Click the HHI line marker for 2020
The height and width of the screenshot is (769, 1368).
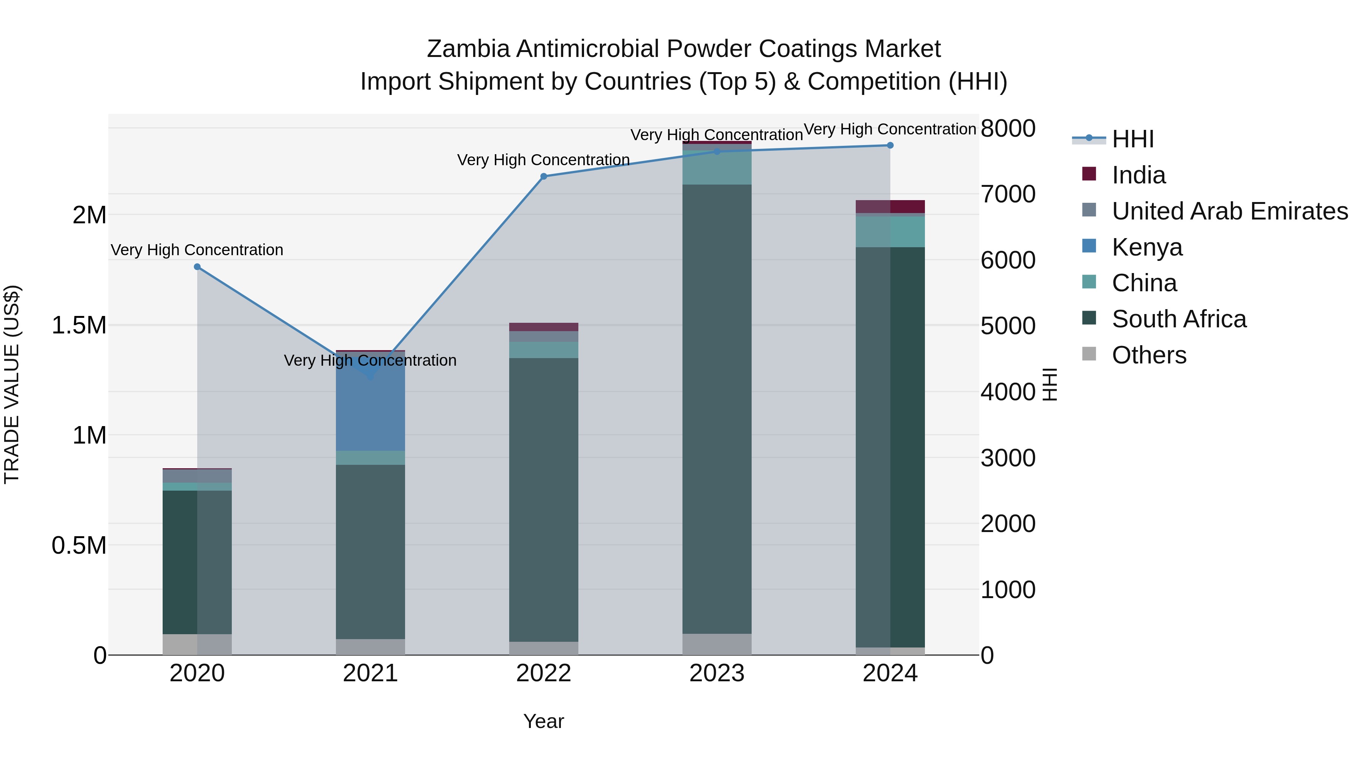pos(197,267)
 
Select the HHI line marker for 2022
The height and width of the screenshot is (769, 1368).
pos(543,177)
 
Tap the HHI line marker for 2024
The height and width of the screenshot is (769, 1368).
pos(890,145)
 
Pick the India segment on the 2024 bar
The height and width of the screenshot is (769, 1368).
pos(890,207)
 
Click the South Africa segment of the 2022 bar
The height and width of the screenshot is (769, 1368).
pos(543,499)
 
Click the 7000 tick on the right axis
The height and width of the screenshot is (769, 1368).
pos(1007,194)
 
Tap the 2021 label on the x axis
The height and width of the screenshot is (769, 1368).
pos(370,673)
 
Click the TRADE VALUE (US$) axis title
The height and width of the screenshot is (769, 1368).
pos(12,384)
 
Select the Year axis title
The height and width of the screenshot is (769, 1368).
pos(543,721)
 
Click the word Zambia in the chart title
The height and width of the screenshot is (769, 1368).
pos(469,49)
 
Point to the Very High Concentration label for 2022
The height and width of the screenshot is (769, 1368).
pos(543,160)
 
